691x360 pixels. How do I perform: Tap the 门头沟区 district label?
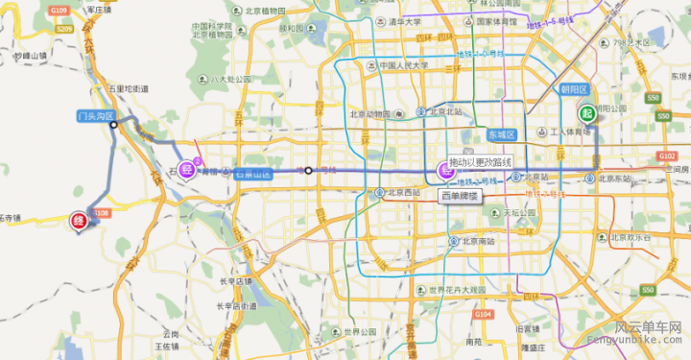[96, 116]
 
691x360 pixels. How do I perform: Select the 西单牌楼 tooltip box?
[459, 196]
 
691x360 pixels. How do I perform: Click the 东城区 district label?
[501, 134]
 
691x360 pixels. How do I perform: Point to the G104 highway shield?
[482, 314]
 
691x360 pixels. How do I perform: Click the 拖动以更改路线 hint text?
[481, 161]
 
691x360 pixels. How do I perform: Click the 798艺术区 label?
[637, 43]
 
